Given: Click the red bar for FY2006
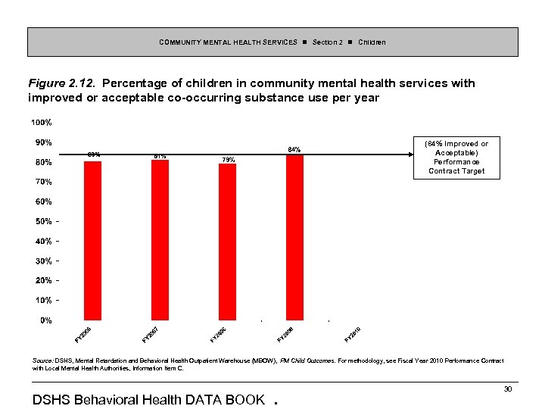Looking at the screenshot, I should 92,241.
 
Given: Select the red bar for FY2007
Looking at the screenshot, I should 160,240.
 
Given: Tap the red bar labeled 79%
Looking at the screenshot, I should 227,242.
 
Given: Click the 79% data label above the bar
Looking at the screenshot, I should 229,159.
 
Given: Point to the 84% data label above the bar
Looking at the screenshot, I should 295,149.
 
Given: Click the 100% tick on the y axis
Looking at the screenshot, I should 41,123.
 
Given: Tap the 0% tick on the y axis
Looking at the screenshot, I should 45,320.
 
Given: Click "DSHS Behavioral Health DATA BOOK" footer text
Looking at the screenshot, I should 149,399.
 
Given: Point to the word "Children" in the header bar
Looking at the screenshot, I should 372,42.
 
